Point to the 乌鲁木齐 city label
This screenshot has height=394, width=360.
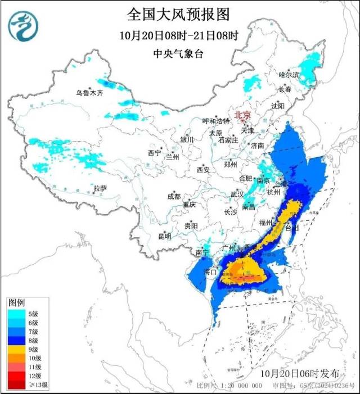90,93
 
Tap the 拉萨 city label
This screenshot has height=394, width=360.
100,188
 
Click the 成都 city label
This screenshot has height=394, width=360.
174,196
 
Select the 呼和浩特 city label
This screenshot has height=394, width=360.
216,121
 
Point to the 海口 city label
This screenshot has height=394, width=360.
210,272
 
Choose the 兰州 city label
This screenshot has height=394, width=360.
172,157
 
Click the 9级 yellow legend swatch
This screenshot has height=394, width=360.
15,349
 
